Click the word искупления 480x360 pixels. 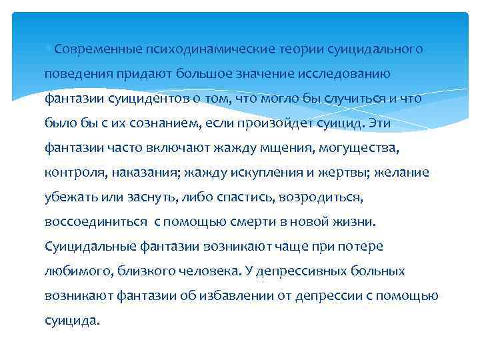[x=259, y=173]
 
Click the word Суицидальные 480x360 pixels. [x=90, y=247]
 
